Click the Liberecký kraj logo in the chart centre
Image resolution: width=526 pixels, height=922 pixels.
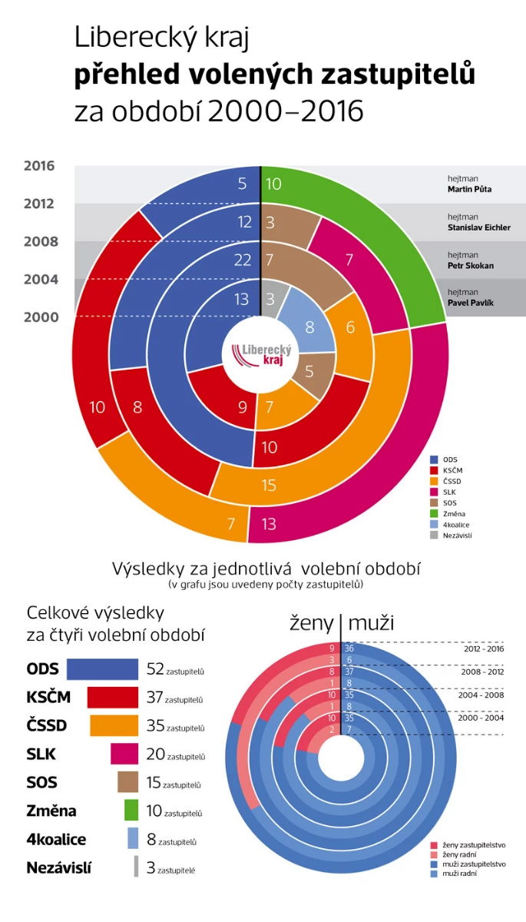260,354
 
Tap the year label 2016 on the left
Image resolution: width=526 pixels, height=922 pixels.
39,166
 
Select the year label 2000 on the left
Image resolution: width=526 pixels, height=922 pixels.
39,317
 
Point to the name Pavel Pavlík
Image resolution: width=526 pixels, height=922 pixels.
470,303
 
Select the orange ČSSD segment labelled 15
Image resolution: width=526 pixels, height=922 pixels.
270,486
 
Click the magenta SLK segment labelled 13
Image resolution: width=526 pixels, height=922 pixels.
270,525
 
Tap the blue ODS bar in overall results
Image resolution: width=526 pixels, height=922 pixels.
101,669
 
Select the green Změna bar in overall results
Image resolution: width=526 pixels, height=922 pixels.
131,811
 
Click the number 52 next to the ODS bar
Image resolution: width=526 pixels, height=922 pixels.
154,670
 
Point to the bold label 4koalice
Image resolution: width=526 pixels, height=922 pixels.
56,840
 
